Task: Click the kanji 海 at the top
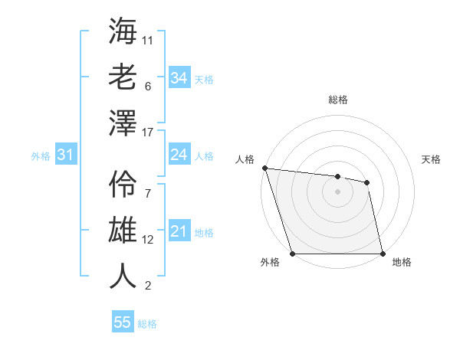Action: pos(123,31)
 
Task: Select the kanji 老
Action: pos(123,77)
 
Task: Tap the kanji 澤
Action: pos(123,123)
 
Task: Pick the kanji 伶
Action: pos(123,184)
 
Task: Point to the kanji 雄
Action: pos(123,230)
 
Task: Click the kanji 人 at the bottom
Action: pos(123,276)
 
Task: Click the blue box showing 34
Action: pos(179,77)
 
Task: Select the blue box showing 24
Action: pos(179,155)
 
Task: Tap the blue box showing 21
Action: pos(179,231)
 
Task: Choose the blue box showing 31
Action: pos(65,155)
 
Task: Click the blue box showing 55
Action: pos(123,322)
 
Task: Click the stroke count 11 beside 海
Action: pos(148,39)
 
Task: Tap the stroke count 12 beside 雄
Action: pos(148,240)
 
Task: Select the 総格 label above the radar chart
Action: pos(337,100)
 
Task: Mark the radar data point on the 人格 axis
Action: pos(264,168)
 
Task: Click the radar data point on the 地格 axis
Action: pos(383,254)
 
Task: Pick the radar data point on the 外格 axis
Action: pos(292,254)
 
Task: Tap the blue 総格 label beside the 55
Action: pos(147,324)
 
